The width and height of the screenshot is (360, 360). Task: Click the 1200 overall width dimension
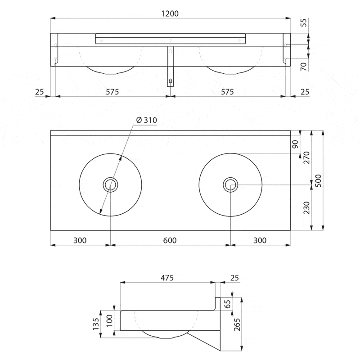click(170, 13)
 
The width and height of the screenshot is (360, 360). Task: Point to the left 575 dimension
click(112, 92)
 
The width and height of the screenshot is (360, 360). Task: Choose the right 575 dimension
click(228, 92)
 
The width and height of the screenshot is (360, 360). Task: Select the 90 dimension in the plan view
click(308, 144)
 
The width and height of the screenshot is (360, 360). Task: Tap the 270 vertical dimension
click(308, 158)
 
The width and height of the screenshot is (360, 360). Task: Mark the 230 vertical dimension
click(308, 207)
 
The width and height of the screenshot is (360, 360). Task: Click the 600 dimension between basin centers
click(170, 240)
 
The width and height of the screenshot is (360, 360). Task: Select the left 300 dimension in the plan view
click(80, 240)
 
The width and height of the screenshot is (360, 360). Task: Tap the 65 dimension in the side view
click(228, 304)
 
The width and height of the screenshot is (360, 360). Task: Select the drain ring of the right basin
click(230, 184)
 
